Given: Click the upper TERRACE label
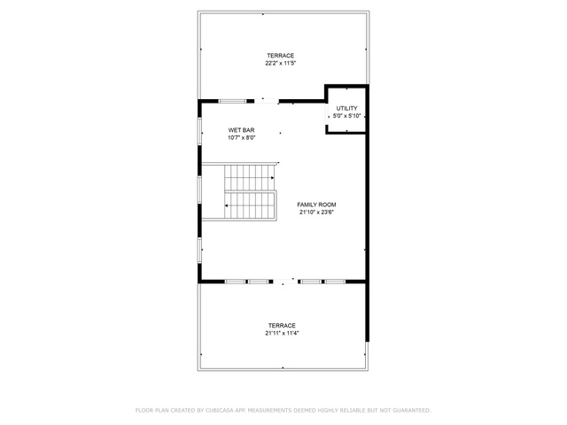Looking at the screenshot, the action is pos(280,56).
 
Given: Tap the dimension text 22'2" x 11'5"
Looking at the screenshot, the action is pos(281,63).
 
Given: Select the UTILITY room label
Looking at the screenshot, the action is pos(346,108).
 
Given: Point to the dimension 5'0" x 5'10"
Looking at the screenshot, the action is pos(346,116).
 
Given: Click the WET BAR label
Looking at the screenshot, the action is pos(241,130).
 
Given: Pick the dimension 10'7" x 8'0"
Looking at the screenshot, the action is pos(242,138).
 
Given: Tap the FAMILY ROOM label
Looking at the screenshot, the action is pos(316,205).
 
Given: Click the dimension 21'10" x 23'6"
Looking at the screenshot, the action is pos(316,212).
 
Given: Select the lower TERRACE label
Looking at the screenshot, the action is pos(282,326).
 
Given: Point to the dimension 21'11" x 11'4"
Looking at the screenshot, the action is pos(282,333).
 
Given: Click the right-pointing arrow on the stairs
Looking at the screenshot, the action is pos(273,178).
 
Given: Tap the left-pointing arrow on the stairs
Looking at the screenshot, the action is pos(227,205).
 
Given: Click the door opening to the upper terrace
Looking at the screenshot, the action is pos(267,101).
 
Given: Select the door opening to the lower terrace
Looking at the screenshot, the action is pos(285,282).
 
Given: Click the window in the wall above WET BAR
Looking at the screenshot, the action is pos(232,101).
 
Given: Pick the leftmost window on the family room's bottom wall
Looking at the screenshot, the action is pos(236,282).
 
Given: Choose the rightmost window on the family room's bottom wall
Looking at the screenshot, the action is pos(335,282).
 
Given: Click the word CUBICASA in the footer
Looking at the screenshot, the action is pos(220,410).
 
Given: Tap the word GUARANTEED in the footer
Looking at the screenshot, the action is pos(412,410).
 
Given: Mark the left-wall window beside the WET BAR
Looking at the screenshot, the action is pos(199,131).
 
